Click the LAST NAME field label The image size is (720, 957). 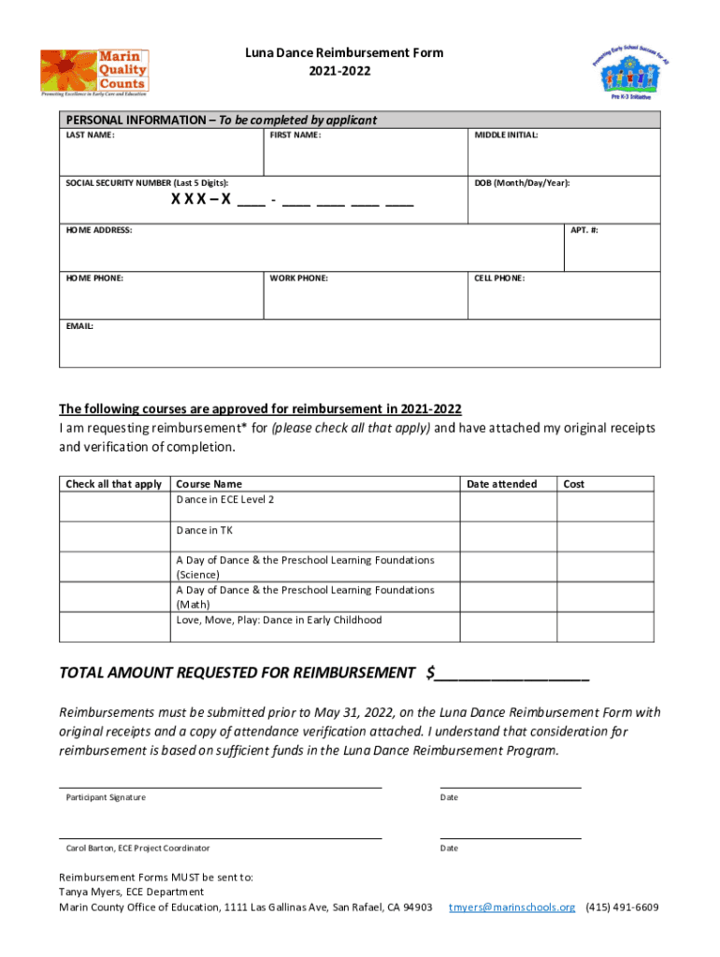coord(90,136)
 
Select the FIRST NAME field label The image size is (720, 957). coord(295,136)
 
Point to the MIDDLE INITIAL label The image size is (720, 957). coord(506,136)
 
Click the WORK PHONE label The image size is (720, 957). coord(298,279)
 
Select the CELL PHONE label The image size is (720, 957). coord(499,279)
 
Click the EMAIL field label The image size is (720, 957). coord(79,326)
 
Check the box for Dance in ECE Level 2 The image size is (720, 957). coord(114,506)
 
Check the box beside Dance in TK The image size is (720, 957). coord(114,536)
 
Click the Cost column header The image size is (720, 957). coord(573,484)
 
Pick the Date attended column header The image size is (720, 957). coord(501,484)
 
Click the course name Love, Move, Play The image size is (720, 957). coord(279,621)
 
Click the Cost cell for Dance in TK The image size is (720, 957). coord(605,536)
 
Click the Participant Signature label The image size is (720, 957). coord(106,797)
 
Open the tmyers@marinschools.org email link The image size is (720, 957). coord(511,907)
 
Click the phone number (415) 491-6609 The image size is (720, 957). coord(622,907)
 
